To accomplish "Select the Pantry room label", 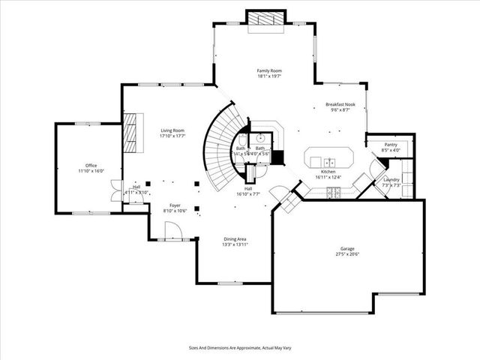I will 391,144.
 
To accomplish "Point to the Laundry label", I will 391,180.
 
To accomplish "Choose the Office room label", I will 91,165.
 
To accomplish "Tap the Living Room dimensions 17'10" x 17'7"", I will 172,136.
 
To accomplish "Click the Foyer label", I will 174,205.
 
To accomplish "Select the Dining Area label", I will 235,238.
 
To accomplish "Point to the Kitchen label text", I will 327,171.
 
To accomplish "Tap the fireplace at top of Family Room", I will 266,20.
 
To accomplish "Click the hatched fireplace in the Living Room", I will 131,132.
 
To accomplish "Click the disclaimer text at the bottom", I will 239,348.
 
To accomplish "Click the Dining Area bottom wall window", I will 227,283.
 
